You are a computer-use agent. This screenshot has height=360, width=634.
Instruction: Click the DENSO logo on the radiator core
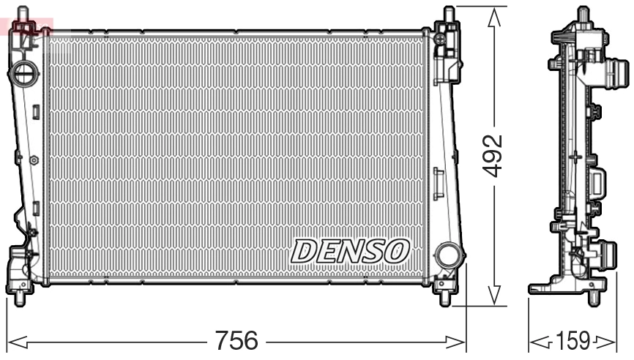[348, 251]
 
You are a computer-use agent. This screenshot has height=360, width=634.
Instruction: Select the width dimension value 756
[236, 341]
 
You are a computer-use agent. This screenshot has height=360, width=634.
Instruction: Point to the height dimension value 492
[496, 155]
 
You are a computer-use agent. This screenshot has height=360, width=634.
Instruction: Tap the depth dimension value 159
[574, 341]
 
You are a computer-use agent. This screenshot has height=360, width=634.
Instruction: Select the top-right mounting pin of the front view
[449, 15]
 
